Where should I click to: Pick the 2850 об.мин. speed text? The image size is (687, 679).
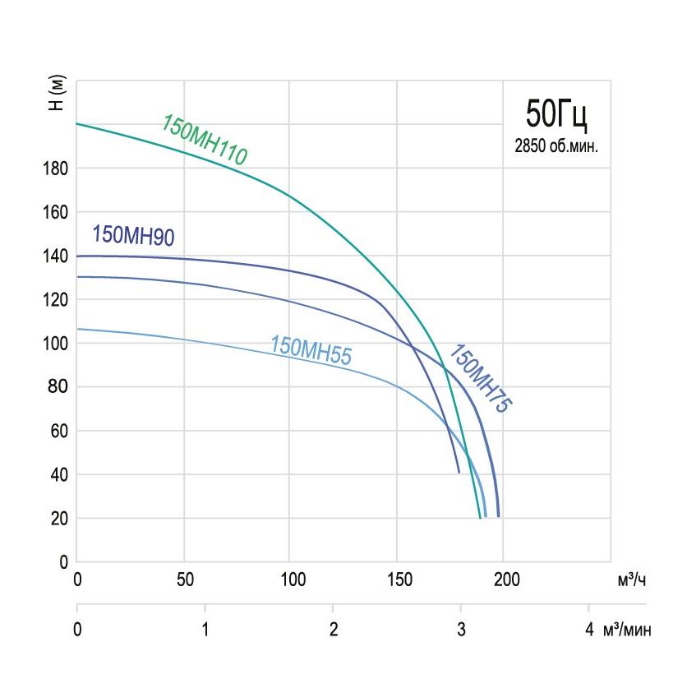pos(556,148)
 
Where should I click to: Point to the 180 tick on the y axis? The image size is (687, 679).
pos(56,169)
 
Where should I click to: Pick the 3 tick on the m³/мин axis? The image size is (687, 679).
pos(460,630)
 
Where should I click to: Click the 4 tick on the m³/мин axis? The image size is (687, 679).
pos(588,630)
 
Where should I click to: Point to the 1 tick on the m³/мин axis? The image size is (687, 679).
pos(205,630)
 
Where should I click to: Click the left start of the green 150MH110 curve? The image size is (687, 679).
pos(78,123)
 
